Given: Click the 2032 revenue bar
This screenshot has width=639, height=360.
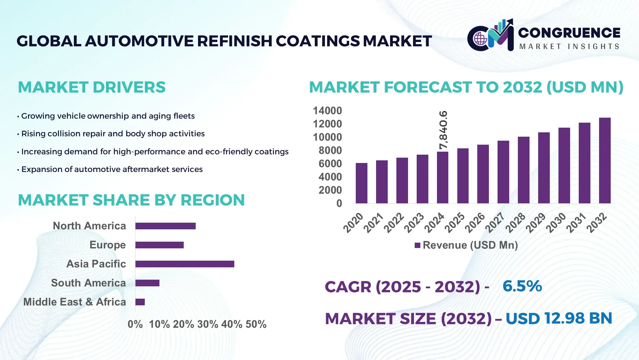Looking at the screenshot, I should point(604,161).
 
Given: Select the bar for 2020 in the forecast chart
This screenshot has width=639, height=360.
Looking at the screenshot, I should point(361,183).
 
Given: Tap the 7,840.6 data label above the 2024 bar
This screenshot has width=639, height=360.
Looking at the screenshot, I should point(443,130).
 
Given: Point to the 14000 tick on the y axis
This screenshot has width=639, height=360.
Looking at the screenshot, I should point(327,111).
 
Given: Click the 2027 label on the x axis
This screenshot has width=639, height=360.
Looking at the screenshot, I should point(495,222).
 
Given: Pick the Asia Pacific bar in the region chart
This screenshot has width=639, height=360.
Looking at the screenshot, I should point(185,264).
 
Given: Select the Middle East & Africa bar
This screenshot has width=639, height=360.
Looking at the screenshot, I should point(140,302).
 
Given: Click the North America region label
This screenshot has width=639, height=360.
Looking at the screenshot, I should point(89,226).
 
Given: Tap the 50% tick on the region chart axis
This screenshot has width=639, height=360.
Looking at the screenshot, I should point(256,324).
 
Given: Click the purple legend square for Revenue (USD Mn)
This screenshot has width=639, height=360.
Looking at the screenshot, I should point(417,245).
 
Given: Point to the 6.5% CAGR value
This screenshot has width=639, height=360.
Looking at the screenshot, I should point(522,286).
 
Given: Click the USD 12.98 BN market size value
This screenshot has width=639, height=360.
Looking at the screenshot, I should point(559,318).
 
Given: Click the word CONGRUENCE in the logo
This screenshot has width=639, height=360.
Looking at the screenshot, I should point(569,33).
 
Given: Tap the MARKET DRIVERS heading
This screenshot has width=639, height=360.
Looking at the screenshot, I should point(92,87).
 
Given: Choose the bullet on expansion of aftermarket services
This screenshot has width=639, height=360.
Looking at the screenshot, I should point(112,169).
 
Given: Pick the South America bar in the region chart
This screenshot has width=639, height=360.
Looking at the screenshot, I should point(147,283).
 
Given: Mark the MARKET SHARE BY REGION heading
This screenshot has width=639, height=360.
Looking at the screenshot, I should point(131,200).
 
